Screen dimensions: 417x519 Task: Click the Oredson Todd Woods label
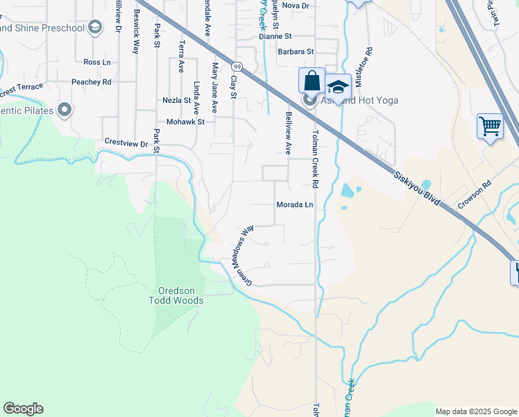pyautogui.click(x=176, y=295)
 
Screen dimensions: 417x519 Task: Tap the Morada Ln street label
pyautogui.click(x=295, y=205)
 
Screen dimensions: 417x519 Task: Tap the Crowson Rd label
pyautogui.click(x=474, y=197)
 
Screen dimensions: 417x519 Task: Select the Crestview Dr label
pyautogui.click(x=126, y=143)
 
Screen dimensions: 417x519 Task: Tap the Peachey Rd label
pyautogui.click(x=92, y=82)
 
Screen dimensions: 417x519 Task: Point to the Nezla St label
pyautogui.click(x=176, y=100)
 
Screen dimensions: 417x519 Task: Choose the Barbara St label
pyautogui.click(x=296, y=51)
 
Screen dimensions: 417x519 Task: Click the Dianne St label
pyautogui.click(x=275, y=35)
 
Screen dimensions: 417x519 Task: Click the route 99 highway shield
pyautogui.click(x=237, y=66)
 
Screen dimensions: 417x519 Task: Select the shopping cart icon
pyautogui.click(x=490, y=126)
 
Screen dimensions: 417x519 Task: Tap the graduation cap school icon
pyautogui.click(x=338, y=87)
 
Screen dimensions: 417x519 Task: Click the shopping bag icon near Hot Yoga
pyautogui.click(x=312, y=80)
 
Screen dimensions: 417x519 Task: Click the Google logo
pyautogui.click(x=23, y=409)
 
